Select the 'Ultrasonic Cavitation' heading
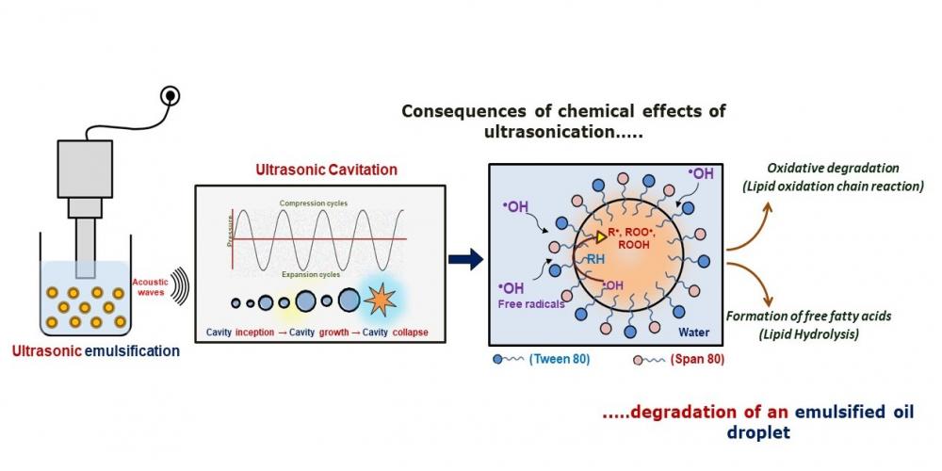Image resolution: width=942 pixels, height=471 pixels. coord(326,171)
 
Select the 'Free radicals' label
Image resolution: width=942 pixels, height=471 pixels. coord(529,303)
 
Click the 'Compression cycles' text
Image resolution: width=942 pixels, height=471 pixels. coord(316,203)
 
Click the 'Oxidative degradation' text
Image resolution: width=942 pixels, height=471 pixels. coord(832,167)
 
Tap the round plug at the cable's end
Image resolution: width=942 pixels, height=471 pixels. coord(171,94)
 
